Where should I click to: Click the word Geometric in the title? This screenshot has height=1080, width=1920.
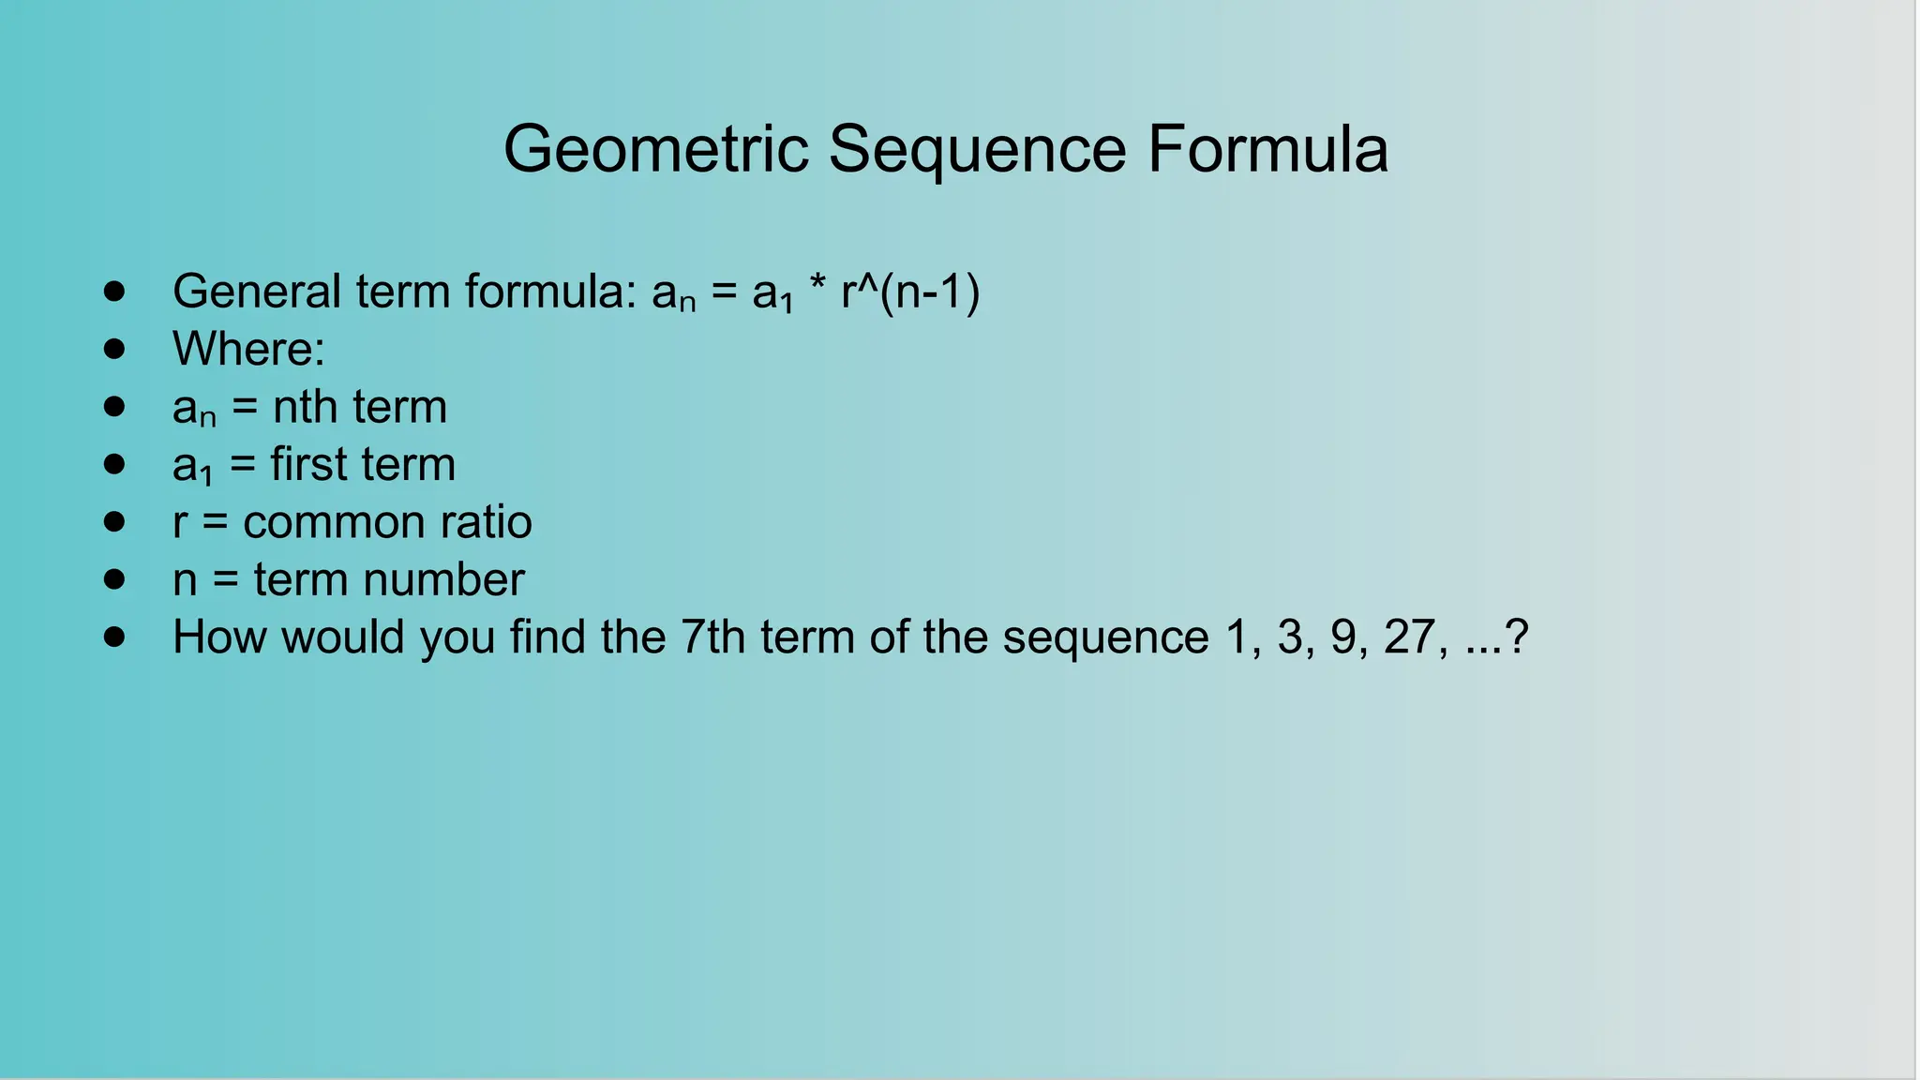656,149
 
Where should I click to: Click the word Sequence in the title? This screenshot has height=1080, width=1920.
977,151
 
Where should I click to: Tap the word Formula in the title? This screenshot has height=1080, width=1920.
1267,149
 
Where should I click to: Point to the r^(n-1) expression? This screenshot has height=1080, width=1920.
910,292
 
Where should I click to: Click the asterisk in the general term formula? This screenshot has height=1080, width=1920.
817,284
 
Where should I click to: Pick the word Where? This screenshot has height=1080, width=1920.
248,349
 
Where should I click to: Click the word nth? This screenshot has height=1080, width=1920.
306,407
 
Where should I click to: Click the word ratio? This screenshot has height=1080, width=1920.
487,522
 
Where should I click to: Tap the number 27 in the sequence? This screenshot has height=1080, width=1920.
1410,637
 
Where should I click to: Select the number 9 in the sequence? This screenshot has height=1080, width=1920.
1343,637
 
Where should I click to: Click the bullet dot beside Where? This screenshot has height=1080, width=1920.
114,349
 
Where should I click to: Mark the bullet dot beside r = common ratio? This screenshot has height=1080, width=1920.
114,522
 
